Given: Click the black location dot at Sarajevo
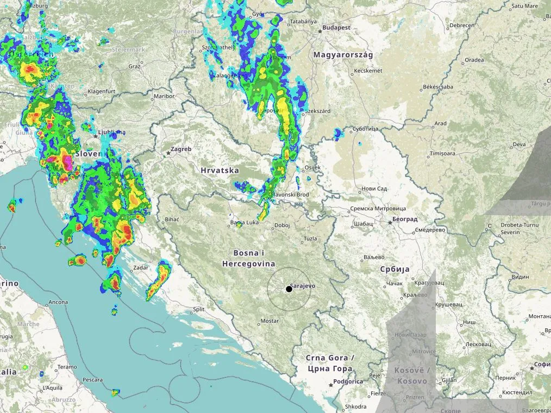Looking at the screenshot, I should click(x=289, y=289).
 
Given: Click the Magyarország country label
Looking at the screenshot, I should click(x=342, y=55).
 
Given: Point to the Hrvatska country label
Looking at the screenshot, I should click(x=220, y=170).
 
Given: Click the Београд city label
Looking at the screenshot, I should click(x=405, y=220).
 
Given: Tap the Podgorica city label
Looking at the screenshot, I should click(x=348, y=381).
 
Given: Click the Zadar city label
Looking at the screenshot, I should click(x=140, y=267).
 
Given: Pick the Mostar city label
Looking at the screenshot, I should click(x=270, y=321).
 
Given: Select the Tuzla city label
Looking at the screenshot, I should click(x=310, y=239).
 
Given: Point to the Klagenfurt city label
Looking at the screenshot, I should click(x=103, y=91).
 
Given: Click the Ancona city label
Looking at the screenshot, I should click(x=58, y=302).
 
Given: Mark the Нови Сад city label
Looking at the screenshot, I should click(x=374, y=189).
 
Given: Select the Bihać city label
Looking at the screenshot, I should click(x=171, y=220).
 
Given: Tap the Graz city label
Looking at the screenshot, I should click(x=134, y=66).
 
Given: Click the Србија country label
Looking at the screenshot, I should click(x=395, y=269).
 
